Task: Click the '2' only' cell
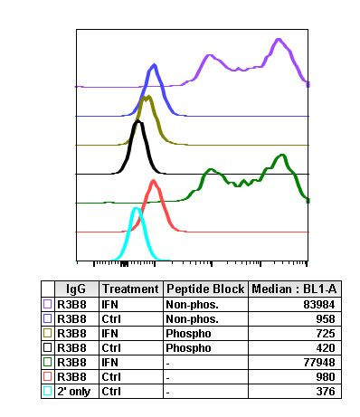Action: [71, 392]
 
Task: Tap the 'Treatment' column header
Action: [129, 289]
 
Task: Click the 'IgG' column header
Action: [76, 289]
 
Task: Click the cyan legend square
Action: [48, 392]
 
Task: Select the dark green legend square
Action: [48, 363]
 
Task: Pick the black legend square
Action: [48, 348]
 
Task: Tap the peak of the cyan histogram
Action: [136, 209]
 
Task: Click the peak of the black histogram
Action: [137, 123]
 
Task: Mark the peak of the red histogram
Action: [154, 181]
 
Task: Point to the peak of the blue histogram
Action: [155, 65]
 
